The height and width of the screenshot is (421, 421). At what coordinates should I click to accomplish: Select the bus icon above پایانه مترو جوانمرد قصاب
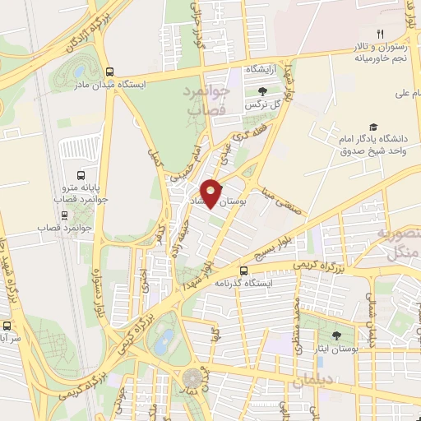point(80,175)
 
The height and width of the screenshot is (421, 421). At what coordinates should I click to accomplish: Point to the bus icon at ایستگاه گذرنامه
point(243,271)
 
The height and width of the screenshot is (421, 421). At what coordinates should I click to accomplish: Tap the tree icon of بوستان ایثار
point(335,335)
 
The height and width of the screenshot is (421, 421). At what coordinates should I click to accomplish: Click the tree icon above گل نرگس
point(261,91)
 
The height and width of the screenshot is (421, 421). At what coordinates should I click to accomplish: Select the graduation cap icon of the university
point(374,127)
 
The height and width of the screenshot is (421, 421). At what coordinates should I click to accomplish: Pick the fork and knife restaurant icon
point(379,34)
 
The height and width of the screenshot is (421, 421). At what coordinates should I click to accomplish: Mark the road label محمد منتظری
point(287,317)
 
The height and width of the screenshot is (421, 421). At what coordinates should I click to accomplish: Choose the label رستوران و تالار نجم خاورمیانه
point(379,52)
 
